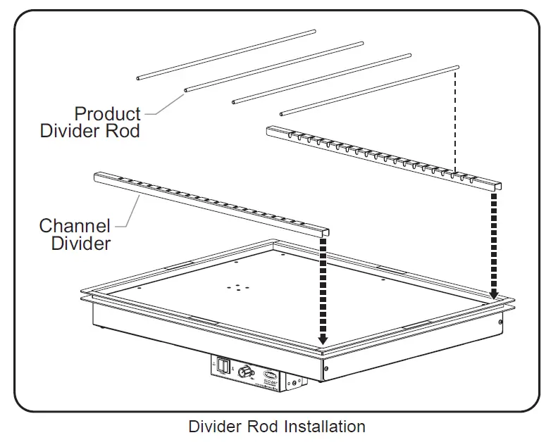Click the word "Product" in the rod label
pos(107,113)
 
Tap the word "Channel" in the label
pos(75,227)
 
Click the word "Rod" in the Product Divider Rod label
pos(127,131)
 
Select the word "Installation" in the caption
pos(325,427)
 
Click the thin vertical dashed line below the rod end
pos(457,120)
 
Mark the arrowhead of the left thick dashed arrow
pos(323,341)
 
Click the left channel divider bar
pos(211,200)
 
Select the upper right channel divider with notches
pos(384,155)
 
